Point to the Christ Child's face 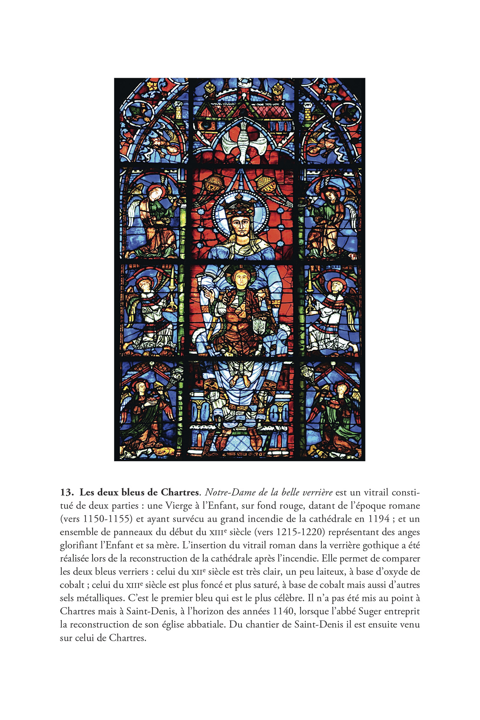point(241,278)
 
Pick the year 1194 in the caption point(379,519)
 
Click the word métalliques point(97,598)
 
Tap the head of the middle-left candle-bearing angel point(145,285)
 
